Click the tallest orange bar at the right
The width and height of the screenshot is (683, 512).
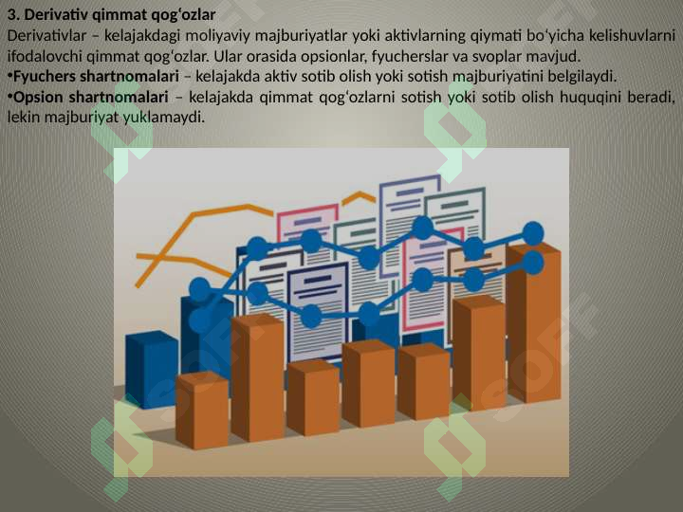coord(533,322)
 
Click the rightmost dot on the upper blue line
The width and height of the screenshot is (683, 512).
coord(533,232)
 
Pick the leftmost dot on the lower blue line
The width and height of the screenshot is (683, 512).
coord(200,321)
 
